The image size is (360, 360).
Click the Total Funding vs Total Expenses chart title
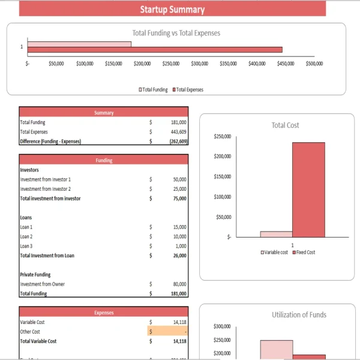[x=176, y=33]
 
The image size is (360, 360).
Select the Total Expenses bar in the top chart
[x=154, y=50]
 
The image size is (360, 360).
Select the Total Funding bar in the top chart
[x=79, y=44]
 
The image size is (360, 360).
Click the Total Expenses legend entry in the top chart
[x=188, y=89]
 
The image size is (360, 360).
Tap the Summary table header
[x=104, y=112]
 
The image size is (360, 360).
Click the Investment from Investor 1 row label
[x=46, y=179]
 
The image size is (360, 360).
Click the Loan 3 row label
[x=26, y=246]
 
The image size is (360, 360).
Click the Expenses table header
[x=104, y=312]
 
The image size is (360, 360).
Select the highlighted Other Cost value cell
[x=167, y=331]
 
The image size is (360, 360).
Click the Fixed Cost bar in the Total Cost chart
[x=308, y=189]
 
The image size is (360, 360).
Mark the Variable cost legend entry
[x=274, y=253]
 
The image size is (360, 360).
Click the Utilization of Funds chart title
[x=299, y=315]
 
